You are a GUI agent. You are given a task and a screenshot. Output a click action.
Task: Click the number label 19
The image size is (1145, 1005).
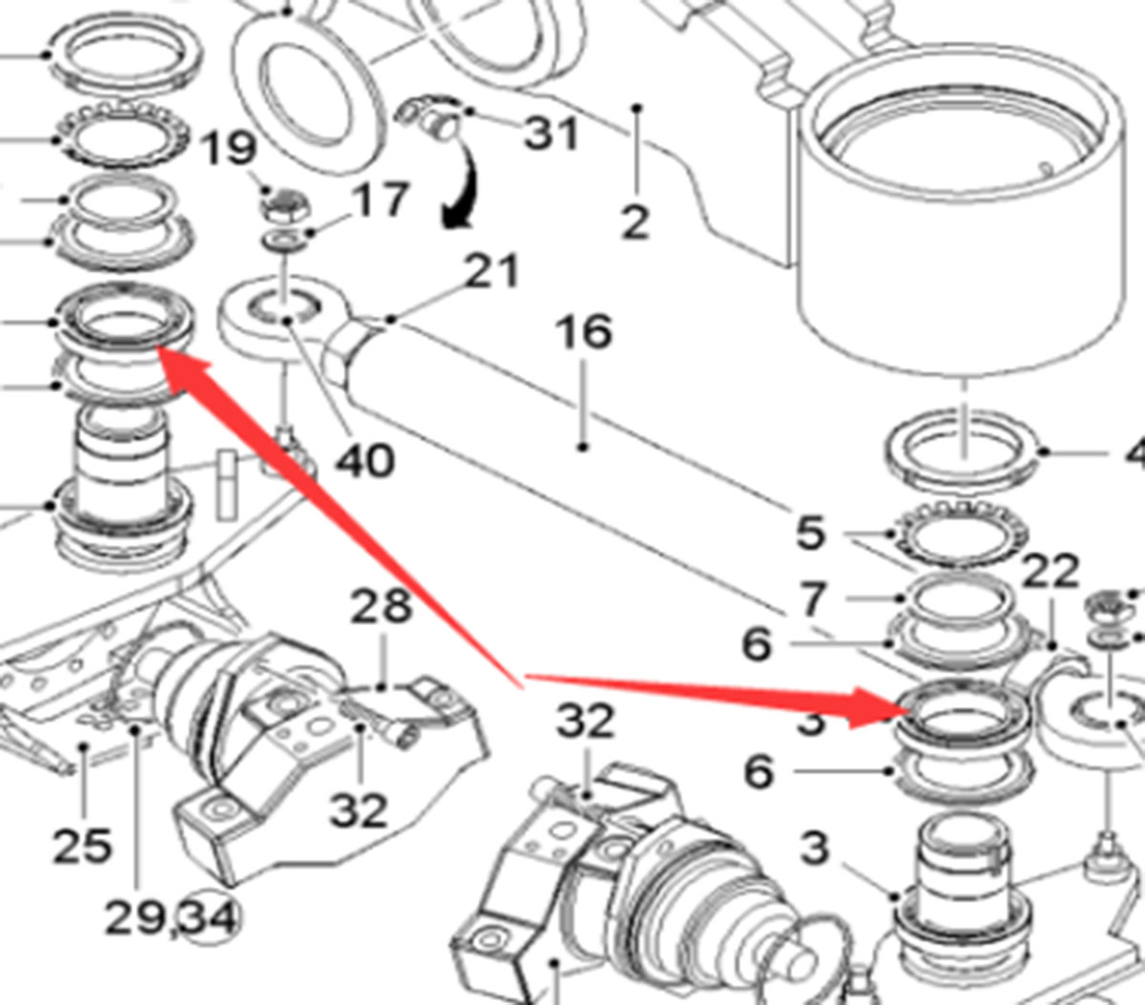pyautogui.click(x=230, y=149)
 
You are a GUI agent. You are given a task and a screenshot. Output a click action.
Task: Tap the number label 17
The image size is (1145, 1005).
pyautogui.click(x=380, y=200)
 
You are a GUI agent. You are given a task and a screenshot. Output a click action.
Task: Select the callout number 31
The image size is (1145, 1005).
pyautogui.click(x=551, y=133)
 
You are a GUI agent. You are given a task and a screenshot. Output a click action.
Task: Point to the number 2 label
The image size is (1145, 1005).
pyautogui.click(x=635, y=222)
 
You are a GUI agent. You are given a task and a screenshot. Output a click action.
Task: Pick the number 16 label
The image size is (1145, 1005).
pyautogui.click(x=584, y=332)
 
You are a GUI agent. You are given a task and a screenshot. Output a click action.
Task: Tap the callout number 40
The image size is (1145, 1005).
pyautogui.click(x=364, y=461)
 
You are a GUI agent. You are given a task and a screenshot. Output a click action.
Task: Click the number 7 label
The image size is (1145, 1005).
pyautogui.click(x=811, y=599)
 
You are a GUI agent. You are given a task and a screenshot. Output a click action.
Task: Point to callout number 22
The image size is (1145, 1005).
pyautogui.click(x=1050, y=572)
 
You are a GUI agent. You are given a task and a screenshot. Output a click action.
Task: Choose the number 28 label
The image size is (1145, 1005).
pyautogui.click(x=382, y=606)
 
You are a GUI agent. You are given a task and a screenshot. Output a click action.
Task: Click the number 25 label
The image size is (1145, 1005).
pyautogui.click(x=81, y=846)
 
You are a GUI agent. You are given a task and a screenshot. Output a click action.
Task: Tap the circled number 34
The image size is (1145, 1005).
pyautogui.click(x=212, y=918)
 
